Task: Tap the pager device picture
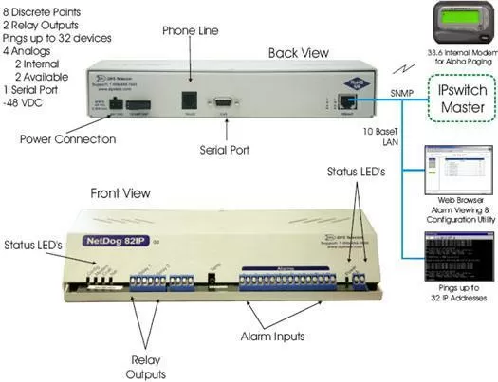450,29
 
